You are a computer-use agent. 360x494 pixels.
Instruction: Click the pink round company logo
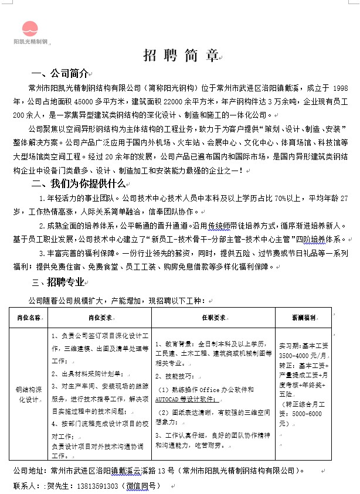(30, 28)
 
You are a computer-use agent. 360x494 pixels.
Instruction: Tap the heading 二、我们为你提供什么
(79, 183)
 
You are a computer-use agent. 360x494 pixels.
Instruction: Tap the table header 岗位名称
(29, 318)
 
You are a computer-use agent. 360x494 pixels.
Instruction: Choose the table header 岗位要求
(100, 318)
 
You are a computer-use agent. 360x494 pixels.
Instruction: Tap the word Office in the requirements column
(209, 389)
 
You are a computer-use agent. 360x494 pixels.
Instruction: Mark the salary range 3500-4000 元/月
(301, 356)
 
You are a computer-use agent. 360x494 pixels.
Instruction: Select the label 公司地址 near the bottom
(29, 471)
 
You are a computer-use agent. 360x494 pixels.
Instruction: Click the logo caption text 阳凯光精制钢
(30, 42)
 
